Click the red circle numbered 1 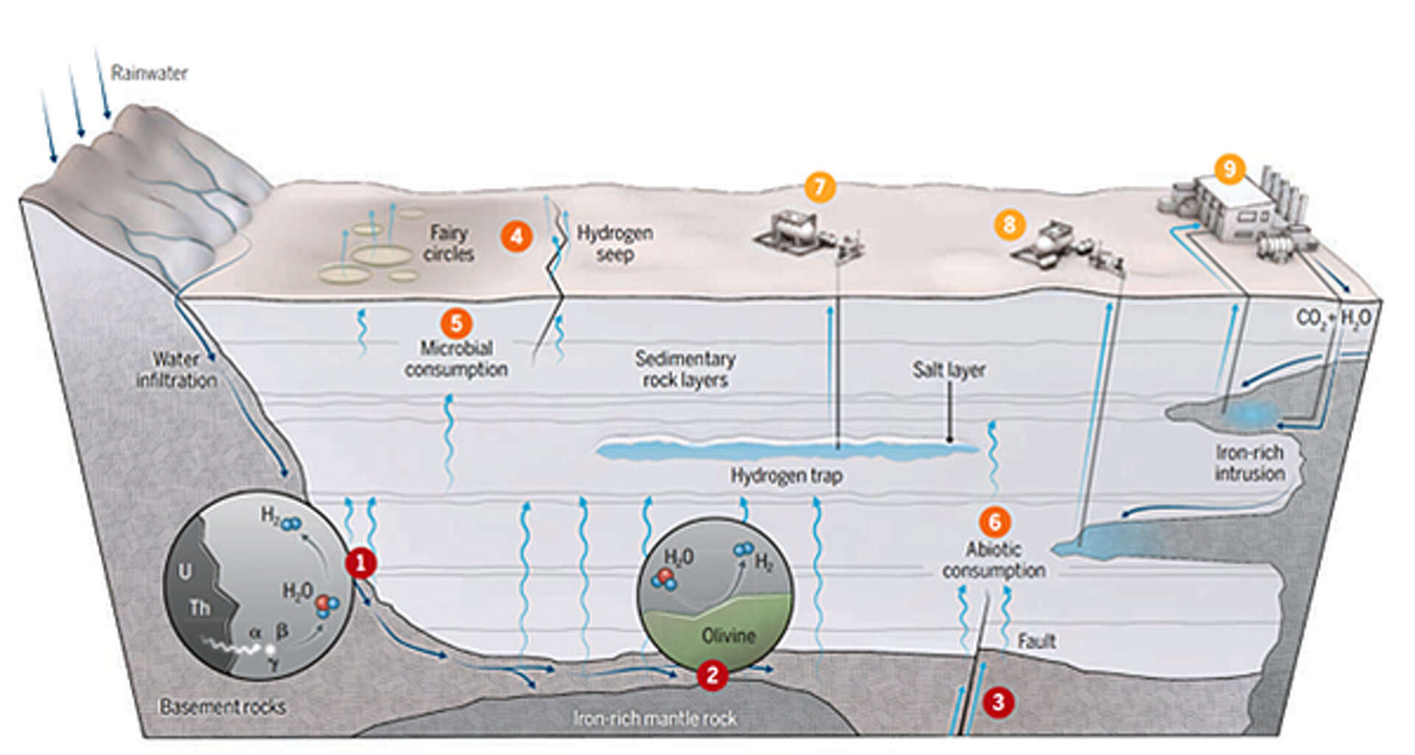point(361,564)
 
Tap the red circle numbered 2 point(712,675)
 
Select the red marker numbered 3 point(998,702)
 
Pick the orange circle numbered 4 point(517,237)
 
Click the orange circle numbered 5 point(456,324)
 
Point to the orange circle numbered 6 point(994,522)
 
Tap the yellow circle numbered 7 point(820,187)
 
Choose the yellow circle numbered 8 point(1009,224)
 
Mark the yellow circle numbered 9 point(1229,169)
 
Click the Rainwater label point(149,73)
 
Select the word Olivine point(728,636)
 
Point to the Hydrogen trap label point(786,476)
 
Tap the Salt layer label point(948,370)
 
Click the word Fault point(1036,641)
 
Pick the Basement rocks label point(223,706)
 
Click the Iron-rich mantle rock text point(654,718)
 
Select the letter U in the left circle point(185,571)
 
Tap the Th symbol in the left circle point(199,608)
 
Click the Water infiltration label point(176,370)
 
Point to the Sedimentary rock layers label point(685,369)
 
